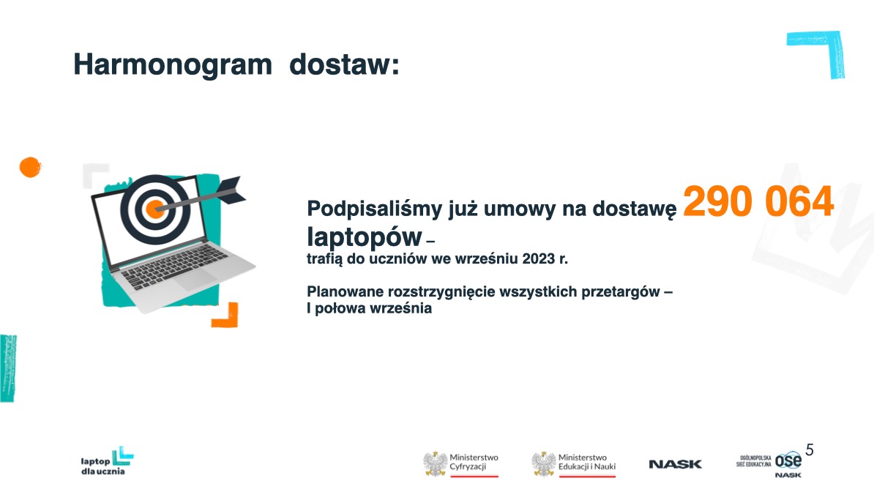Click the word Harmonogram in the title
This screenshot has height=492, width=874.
(x=172, y=65)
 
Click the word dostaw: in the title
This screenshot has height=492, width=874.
(x=345, y=65)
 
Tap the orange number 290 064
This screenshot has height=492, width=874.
(x=758, y=201)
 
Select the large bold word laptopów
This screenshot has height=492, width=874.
(x=365, y=236)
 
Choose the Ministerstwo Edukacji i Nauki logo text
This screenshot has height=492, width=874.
(x=586, y=461)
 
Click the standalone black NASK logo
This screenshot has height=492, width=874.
(x=675, y=464)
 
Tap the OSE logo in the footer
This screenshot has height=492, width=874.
(x=788, y=461)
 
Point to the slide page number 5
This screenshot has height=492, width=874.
(x=810, y=450)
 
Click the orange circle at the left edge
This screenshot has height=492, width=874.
(x=29, y=167)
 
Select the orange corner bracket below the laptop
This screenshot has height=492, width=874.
(x=226, y=316)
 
